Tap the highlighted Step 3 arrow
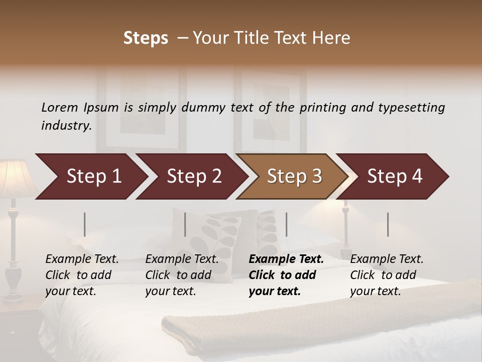pyautogui.click(x=294, y=176)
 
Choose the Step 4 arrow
pyautogui.click(x=395, y=176)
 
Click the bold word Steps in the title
pyautogui.click(x=146, y=38)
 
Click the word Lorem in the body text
pyautogui.click(x=60, y=107)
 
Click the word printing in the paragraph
pyautogui.click(x=321, y=107)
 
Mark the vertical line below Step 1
pyautogui.click(x=85, y=224)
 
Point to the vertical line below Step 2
pyautogui.click(x=185, y=224)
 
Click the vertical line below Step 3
pyautogui.click(x=287, y=224)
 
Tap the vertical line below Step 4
pyautogui.click(x=388, y=224)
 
